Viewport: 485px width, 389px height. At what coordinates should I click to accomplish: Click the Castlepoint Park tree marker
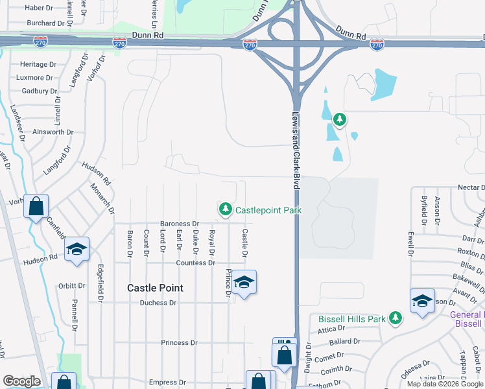click(x=225, y=209)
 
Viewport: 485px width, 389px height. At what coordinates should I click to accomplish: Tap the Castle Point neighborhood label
click(x=155, y=288)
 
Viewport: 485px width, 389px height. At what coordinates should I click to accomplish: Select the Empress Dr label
click(x=167, y=383)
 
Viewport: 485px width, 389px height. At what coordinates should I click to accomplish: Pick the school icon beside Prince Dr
click(x=244, y=282)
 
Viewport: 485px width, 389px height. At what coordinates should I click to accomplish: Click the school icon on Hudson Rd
click(x=77, y=250)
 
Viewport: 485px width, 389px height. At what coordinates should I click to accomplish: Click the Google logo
click(x=21, y=381)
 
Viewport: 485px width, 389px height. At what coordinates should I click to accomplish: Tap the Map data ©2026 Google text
click(x=444, y=384)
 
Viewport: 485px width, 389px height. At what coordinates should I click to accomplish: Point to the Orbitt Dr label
click(x=71, y=285)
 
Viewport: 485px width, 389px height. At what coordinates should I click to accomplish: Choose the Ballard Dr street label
click(x=340, y=342)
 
